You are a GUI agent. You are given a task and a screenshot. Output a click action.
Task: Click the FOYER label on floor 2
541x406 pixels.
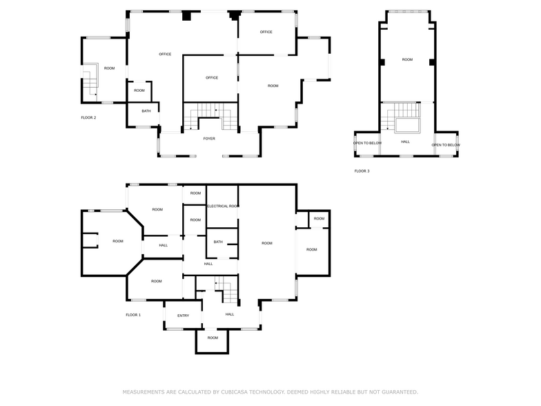[x=209, y=139]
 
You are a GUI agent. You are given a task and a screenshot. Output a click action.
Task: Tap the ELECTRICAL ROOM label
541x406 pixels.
[x=223, y=206]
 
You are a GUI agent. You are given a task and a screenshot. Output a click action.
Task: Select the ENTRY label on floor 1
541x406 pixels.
[x=183, y=316]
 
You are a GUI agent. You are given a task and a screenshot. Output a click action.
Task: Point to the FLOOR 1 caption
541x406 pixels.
[x=133, y=315]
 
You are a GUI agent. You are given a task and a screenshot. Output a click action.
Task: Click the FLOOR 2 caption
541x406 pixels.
[x=88, y=117]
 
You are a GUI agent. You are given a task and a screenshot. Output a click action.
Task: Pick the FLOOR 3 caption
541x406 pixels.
[x=362, y=171]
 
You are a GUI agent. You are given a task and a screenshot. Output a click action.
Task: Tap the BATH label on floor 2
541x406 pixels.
[x=146, y=111]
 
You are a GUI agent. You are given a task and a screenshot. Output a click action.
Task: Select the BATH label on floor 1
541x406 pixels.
[x=218, y=242]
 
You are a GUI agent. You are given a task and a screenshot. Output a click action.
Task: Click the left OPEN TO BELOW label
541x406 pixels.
[x=367, y=144]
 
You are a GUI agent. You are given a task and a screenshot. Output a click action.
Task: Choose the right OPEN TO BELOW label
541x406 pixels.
[x=446, y=145]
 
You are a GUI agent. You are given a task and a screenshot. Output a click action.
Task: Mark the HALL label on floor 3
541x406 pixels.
[x=405, y=142]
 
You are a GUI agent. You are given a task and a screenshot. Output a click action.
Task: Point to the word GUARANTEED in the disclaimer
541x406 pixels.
[x=398, y=391]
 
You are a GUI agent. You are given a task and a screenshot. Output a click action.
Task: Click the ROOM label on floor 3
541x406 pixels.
[x=407, y=59]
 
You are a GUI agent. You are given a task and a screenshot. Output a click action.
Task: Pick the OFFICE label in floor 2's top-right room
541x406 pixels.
[x=266, y=32]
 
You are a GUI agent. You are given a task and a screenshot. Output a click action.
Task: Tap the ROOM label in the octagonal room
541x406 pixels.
[x=118, y=241]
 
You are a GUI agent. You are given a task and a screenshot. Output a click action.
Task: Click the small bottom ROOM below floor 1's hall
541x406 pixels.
[x=213, y=338]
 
